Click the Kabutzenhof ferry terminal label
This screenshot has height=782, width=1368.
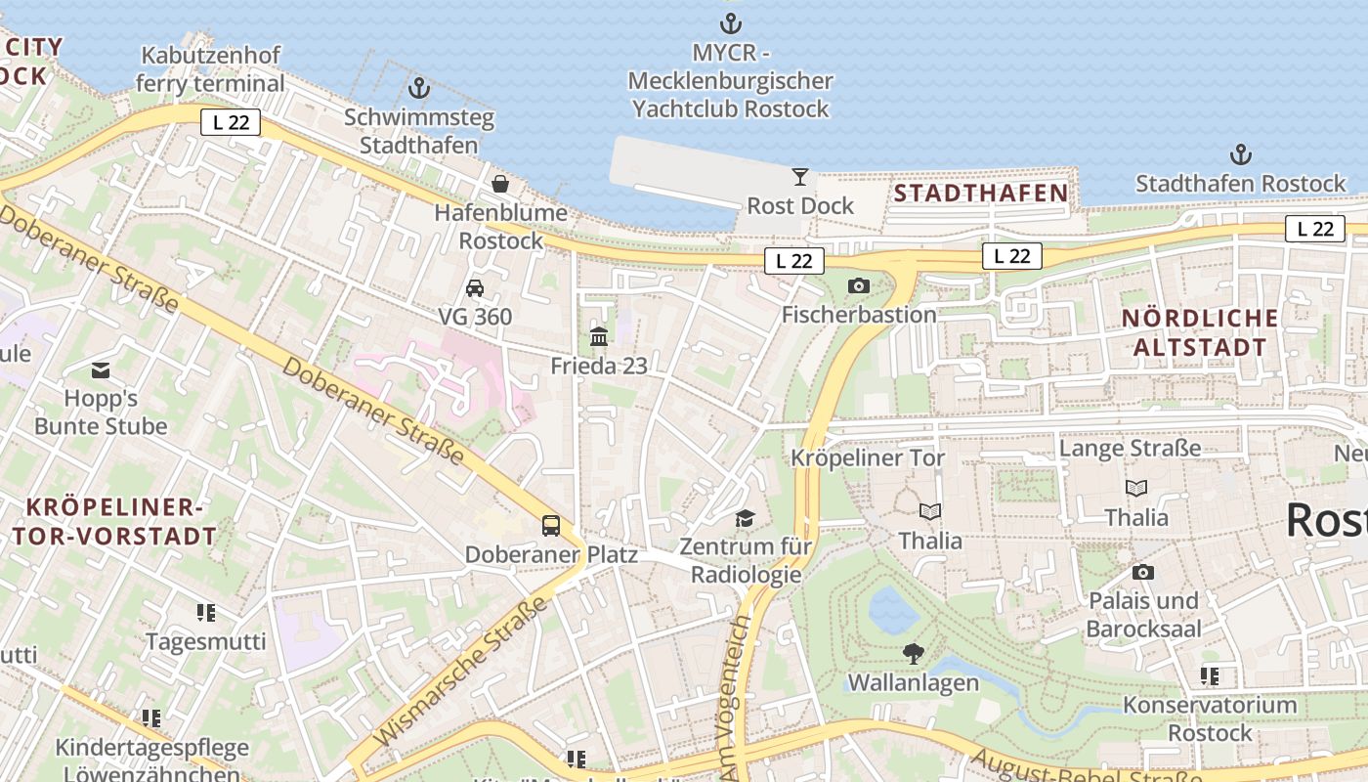point(210,69)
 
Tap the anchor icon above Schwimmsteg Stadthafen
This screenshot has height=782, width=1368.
point(419,88)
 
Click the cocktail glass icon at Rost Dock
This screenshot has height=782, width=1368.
point(800,177)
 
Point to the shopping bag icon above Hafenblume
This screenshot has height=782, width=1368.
point(500,183)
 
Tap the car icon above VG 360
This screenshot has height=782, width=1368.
point(475,287)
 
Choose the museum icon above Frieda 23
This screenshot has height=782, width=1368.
point(599,337)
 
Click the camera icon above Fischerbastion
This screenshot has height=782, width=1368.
point(859,285)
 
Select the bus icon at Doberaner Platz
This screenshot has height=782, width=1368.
point(551,526)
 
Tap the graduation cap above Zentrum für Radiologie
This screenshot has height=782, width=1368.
point(746,518)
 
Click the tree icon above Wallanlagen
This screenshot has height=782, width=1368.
point(914,653)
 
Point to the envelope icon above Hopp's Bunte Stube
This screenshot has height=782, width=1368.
point(101,370)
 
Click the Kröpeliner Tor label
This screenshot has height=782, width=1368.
point(868,457)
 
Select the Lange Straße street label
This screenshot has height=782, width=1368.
point(1131,448)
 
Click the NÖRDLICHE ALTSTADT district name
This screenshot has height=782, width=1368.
point(1200,331)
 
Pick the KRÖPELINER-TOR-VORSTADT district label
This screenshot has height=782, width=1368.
point(115,521)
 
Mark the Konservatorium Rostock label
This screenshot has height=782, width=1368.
point(1210,718)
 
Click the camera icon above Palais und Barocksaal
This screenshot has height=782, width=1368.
point(1143,572)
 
